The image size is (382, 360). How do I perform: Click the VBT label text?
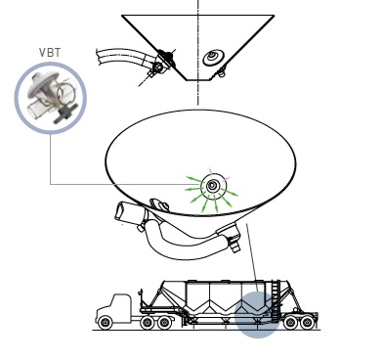[50, 53]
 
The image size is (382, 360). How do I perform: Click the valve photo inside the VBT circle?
[52, 98]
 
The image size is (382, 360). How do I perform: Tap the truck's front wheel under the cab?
[105, 323]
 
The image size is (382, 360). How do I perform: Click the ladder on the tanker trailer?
[276, 300]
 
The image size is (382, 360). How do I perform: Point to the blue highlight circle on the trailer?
[257, 315]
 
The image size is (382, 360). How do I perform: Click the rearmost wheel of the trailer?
[307, 323]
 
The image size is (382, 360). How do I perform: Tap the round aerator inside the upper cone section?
[213, 58]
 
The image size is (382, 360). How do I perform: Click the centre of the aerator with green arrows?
[212, 186]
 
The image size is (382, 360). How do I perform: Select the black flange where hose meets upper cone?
[165, 57]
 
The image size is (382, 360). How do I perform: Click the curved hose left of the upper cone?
[124, 58]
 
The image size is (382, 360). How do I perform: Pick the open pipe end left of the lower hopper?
[120, 212]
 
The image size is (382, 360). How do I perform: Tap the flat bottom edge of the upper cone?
[197, 79]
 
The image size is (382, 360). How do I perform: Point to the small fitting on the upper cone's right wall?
[222, 71]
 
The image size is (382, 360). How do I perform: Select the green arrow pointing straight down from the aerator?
[215, 203]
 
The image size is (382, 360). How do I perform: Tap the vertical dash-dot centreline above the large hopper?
[197, 52]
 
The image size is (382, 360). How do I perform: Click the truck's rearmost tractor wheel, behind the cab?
[164, 323]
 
